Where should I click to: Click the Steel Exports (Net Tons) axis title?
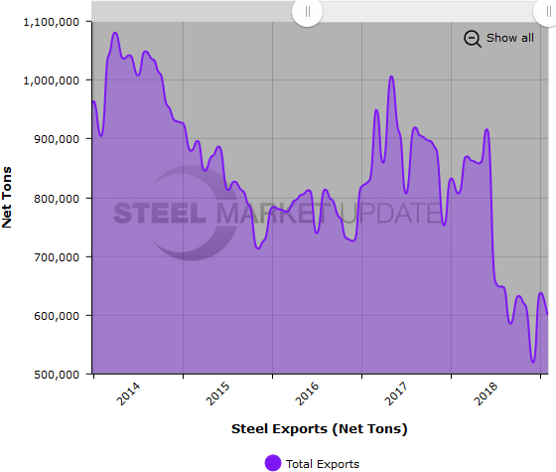pos(319,429)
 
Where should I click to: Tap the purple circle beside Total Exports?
pos(272,462)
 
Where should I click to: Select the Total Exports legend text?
pos(322,463)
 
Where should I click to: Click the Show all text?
pos(509,38)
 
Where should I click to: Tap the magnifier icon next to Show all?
pos(473,38)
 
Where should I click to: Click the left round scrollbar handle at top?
pos(307,12)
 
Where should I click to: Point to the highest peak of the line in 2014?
pos(115,33)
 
